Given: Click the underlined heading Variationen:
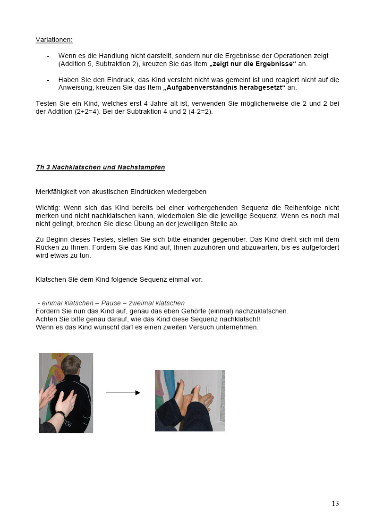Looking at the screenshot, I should pos(54,40).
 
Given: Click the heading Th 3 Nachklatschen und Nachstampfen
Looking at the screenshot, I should pos(100,168).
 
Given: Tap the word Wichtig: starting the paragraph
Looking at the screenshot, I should pos(48,208).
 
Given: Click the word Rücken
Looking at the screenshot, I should pos(46,248).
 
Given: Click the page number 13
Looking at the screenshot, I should pos(335,504).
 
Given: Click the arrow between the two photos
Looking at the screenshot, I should pos(123,393).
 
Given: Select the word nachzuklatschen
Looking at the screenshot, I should pos(264,311).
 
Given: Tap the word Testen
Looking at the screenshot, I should pos(46,104).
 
